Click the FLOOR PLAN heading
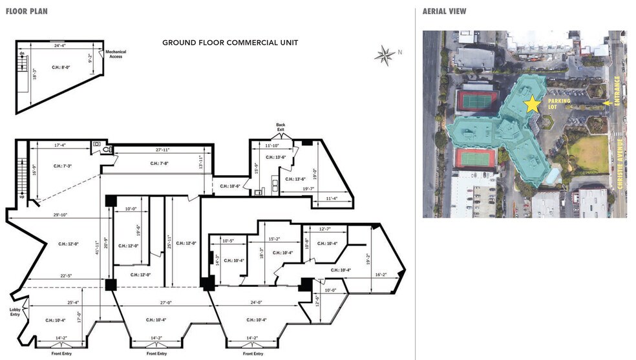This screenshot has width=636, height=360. (26, 11)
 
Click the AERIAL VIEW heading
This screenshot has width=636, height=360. (444, 11)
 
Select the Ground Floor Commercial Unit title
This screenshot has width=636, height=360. (230, 43)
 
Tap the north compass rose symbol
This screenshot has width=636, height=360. (385, 56)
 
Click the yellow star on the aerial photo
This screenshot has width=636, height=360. (532, 104)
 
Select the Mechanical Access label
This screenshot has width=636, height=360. (117, 54)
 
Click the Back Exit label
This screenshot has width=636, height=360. (281, 127)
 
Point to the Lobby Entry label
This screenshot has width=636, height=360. (16, 311)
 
